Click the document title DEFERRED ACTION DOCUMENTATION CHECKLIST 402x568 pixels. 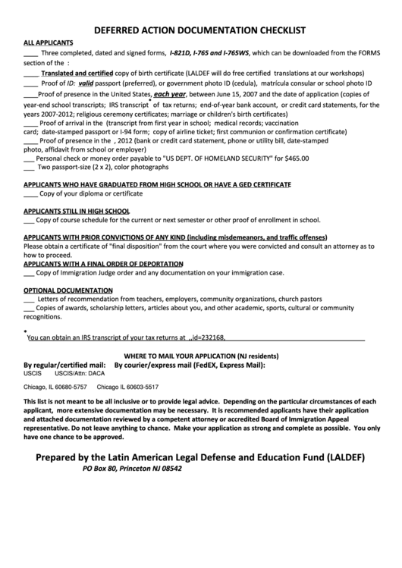pos(199,30)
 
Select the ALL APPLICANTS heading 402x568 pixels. pos(49,43)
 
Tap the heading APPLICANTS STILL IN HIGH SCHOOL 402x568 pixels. pos(77,211)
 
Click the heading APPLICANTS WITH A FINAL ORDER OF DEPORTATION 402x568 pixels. pos(93,264)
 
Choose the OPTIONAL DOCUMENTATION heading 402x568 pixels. pos(61,290)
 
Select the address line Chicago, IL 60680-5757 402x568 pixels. pos(55,386)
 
